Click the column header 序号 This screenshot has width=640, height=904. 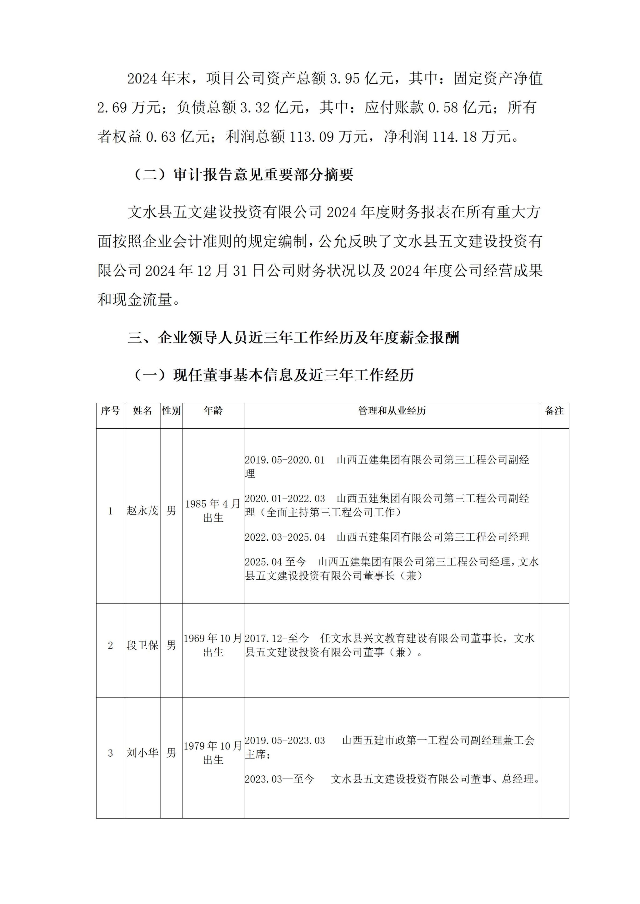click(x=110, y=411)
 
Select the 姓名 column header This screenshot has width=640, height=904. click(x=142, y=411)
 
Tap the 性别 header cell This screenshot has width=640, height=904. click(x=171, y=411)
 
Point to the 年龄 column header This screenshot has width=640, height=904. click(x=213, y=411)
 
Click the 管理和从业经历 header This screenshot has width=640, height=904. click(x=392, y=411)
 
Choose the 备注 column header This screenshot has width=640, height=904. click(x=554, y=411)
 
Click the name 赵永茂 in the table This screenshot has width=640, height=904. click(x=142, y=511)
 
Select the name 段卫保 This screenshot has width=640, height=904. click(x=142, y=645)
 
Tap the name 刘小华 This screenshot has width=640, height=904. click(x=142, y=753)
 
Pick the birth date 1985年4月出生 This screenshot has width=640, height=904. click(x=213, y=511)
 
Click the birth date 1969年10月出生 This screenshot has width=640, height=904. click(x=213, y=645)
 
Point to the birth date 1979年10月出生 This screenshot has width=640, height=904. click(x=213, y=753)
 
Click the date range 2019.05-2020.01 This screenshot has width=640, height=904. click(x=285, y=460)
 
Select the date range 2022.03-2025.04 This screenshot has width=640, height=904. click(x=285, y=537)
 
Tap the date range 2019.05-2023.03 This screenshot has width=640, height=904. click(x=285, y=741)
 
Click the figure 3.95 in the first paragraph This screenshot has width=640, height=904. click(x=344, y=79)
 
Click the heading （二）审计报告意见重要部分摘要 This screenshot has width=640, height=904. click(x=243, y=175)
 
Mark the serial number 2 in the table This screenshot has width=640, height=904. click(x=110, y=645)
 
